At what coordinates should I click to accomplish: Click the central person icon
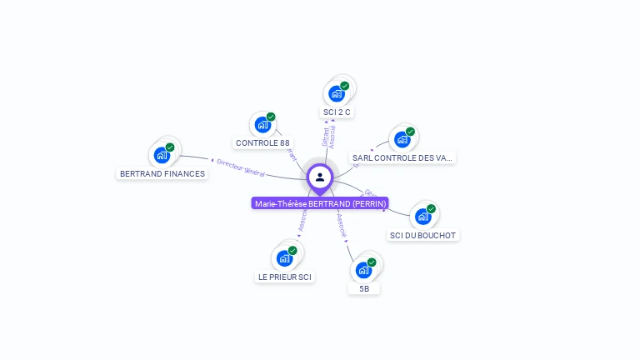coord(320,177)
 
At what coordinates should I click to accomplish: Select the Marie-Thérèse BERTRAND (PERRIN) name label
coord(320,203)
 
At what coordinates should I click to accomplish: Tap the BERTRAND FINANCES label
coord(162,174)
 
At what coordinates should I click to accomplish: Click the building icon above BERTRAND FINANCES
coord(162,155)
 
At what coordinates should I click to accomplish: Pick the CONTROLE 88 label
coord(262,142)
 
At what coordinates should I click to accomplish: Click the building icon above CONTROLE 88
coord(263,125)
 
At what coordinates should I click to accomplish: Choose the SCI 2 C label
coord(337,112)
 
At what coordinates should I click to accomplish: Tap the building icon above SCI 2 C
coord(337,93)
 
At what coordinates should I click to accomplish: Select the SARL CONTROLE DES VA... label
coord(403,157)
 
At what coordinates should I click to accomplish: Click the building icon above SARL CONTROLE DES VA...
coord(403,139)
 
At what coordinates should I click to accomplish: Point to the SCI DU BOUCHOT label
coord(423,235)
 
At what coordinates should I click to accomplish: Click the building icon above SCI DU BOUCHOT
coord(423,217)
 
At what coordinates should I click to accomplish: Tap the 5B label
coord(364,288)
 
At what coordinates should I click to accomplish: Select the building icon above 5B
coord(363,270)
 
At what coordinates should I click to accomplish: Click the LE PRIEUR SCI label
coord(285,277)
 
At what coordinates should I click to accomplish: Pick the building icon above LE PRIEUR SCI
coord(284,258)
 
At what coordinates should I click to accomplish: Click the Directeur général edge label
coord(241,167)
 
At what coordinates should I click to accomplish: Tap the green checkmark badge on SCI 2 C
coord(345,86)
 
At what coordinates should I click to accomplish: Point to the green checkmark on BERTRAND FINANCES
coord(170,147)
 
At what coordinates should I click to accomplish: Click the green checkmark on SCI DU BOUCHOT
coord(431,209)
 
